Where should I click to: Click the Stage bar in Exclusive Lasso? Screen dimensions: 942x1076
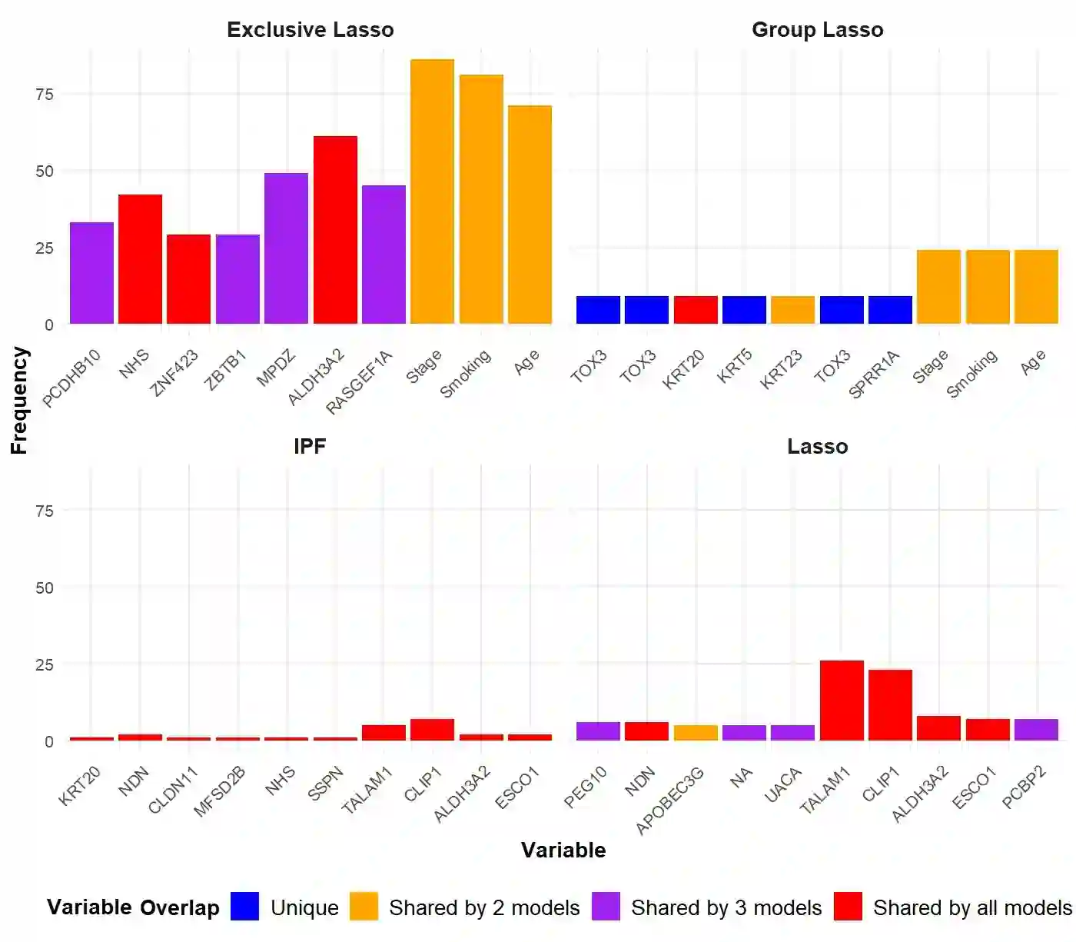432,192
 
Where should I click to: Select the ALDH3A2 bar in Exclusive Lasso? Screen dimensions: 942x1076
335,230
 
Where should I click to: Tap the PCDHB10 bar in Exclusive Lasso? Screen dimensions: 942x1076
91,273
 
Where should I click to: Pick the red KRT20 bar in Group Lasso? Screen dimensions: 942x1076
696,310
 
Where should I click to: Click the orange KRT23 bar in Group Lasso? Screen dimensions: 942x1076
792,310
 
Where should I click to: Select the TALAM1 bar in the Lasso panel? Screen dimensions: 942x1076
842,701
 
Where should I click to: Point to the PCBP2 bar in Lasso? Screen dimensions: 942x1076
1036,730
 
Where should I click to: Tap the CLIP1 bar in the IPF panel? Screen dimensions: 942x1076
432,730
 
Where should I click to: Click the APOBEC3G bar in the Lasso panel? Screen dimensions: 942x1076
696,733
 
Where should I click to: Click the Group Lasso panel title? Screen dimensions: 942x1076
817,30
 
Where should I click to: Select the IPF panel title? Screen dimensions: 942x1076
310,447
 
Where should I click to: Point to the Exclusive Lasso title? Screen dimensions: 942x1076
310,30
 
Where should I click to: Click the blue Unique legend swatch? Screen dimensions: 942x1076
245,907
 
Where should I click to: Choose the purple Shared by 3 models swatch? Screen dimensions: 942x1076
606,907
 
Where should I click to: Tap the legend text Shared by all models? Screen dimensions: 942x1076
972,908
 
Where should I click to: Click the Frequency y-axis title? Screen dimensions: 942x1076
19,400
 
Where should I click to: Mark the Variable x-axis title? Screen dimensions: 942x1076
563,850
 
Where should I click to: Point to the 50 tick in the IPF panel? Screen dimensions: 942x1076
45,588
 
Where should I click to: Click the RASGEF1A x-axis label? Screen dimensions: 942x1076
359,382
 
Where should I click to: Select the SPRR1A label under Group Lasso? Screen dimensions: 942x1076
874,374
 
